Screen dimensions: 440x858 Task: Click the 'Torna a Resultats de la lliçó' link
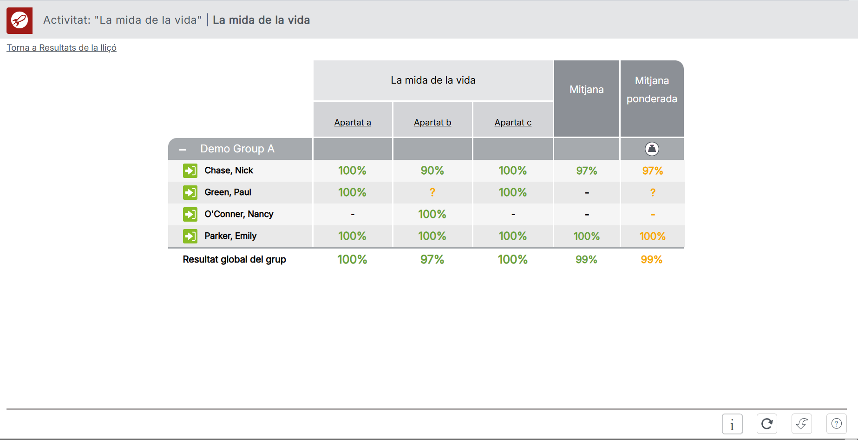click(61, 48)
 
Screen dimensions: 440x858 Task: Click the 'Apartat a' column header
click(353, 123)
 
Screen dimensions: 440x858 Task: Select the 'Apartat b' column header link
click(432, 123)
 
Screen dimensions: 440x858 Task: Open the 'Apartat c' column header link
click(513, 123)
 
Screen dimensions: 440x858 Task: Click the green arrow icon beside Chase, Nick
click(190, 171)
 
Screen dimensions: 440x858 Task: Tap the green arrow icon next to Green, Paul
click(190, 192)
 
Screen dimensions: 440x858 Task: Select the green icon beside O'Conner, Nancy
click(190, 214)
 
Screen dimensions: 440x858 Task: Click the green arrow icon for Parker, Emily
click(190, 236)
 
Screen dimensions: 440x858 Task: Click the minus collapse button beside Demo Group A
click(183, 150)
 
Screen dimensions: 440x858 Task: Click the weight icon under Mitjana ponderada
click(652, 149)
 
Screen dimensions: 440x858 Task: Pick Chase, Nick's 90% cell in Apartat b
click(432, 171)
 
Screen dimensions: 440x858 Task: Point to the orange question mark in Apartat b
click(432, 192)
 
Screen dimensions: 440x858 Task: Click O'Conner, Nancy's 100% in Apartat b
click(432, 214)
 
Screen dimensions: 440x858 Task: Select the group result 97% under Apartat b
click(432, 260)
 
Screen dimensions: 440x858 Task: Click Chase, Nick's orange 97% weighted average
click(652, 171)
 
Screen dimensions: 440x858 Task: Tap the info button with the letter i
click(732, 424)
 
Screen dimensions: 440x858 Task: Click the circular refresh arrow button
click(767, 424)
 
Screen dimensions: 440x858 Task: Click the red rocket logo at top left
click(20, 20)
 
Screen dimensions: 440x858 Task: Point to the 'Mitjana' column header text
click(587, 90)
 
